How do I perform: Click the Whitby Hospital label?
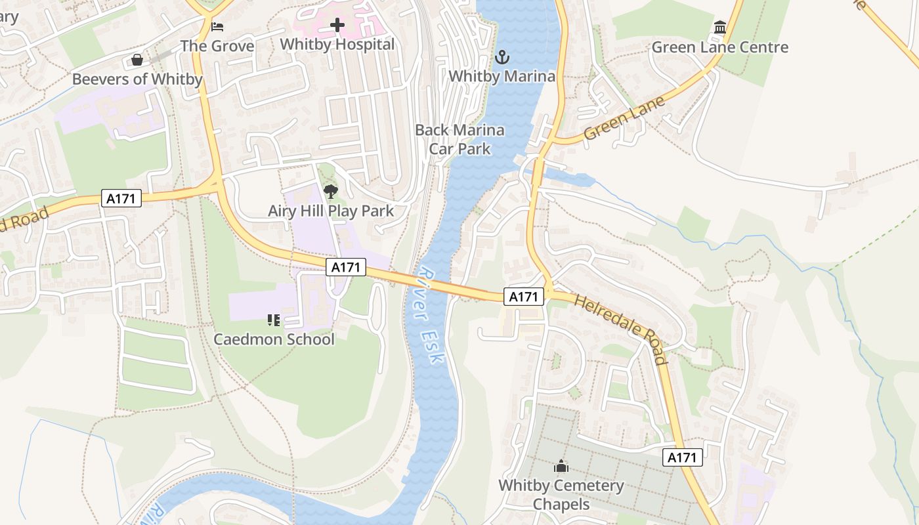coord(337,45)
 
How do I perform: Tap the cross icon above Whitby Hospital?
coord(337,26)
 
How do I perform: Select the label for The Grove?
coord(217,46)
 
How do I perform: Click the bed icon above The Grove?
coord(218,27)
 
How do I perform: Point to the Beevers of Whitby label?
coord(137,79)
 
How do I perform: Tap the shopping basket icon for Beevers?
coord(137,60)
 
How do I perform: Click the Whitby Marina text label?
coord(502,76)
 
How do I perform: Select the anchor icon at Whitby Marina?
coord(502,57)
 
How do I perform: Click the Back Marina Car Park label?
coord(460,139)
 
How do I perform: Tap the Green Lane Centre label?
coord(719,47)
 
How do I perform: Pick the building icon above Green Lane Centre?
coord(720,28)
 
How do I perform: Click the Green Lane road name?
coord(624,119)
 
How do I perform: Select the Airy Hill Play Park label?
coord(331,211)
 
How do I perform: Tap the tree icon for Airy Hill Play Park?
coord(331,192)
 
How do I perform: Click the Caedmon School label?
coord(274,339)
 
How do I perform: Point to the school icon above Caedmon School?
coord(274,320)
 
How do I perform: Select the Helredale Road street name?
coord(621,329)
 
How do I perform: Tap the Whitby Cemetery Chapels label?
coord(561,495)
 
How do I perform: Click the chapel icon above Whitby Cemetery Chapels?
coord(561,467)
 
